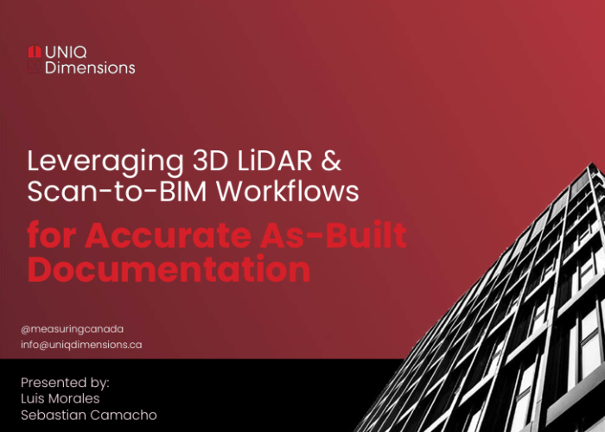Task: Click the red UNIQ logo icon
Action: tap(34, 51)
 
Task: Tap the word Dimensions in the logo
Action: tap(90, 67)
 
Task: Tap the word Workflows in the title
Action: tap(288, 191)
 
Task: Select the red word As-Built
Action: tap(346, 236)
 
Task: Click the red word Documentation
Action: tap(169, 270)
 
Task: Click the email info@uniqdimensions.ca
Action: tap(81, 344)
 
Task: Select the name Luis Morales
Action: tap(60, 398)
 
